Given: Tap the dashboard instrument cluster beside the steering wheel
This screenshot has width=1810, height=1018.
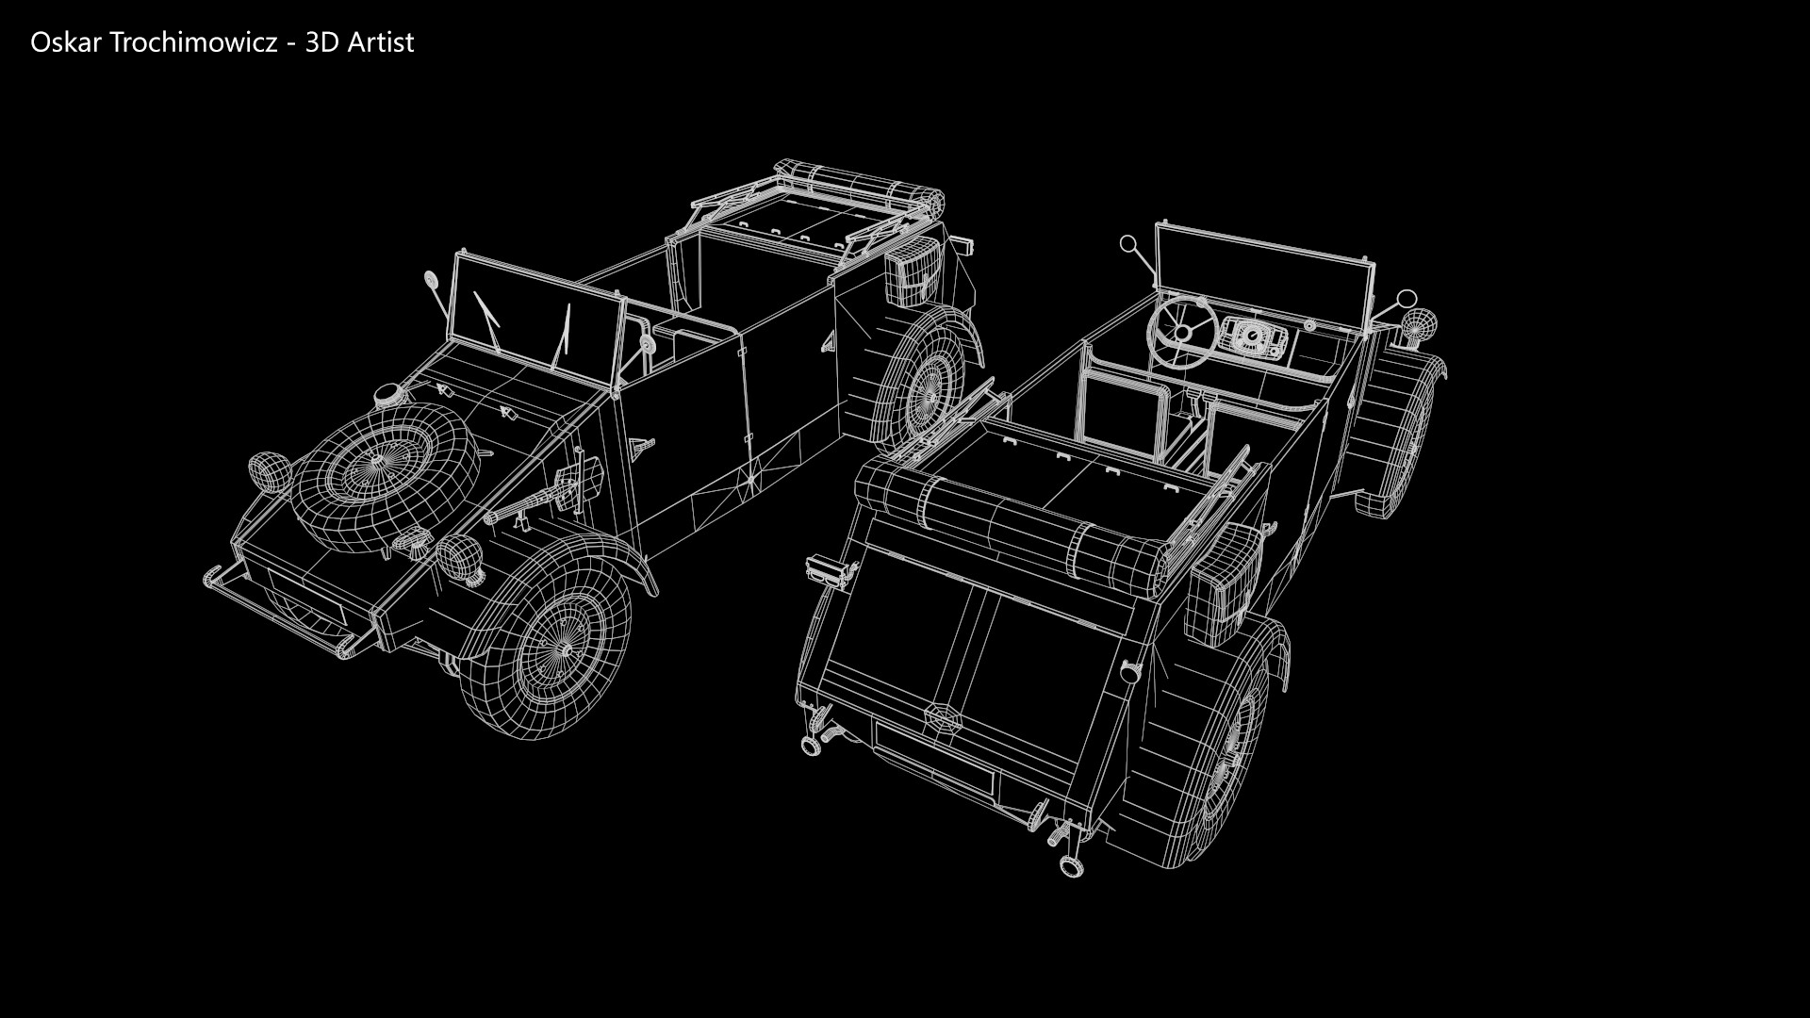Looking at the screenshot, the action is [x=1252, y=337].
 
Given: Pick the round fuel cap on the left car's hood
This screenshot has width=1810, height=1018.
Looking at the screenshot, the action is [x=387, y=397].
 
